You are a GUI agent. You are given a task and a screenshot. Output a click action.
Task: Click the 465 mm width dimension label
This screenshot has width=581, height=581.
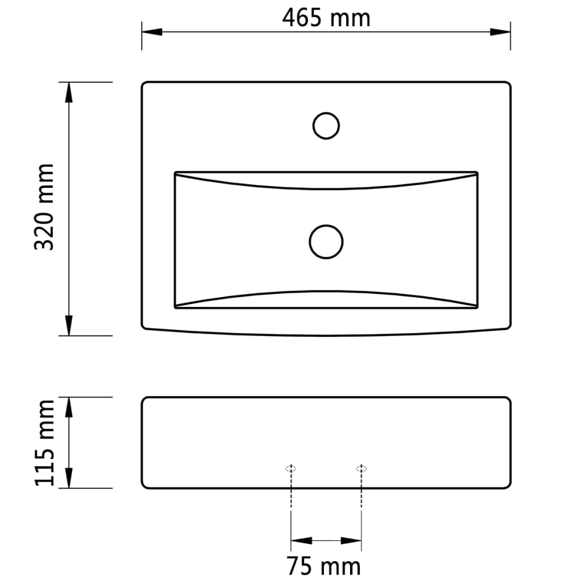326,18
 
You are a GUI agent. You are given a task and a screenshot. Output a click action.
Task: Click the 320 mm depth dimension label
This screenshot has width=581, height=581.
44,207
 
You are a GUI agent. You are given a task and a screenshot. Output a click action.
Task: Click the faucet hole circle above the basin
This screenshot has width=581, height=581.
326,125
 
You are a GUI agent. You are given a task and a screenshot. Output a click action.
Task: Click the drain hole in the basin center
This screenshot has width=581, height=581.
326,242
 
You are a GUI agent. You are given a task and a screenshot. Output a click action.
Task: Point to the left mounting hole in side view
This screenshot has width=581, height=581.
291,468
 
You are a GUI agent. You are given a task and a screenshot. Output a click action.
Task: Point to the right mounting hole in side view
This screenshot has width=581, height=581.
361,468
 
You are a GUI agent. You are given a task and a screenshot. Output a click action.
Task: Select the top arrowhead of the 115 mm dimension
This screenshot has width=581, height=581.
69,406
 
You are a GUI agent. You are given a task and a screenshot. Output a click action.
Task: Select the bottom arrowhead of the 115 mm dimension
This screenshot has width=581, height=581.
69,479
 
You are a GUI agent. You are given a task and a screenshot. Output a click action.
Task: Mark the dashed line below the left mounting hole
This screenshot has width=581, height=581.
291,491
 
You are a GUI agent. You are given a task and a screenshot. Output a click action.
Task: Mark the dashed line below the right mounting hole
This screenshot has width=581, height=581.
361,491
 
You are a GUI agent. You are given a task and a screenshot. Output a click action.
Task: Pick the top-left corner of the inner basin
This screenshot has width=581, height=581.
175,172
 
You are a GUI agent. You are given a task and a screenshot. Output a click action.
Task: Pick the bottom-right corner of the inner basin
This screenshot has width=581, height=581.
477,308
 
